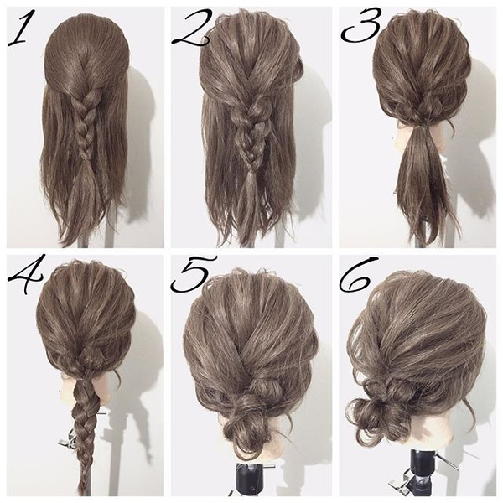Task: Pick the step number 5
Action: click(193, 273)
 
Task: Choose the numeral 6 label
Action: click(360, 275)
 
